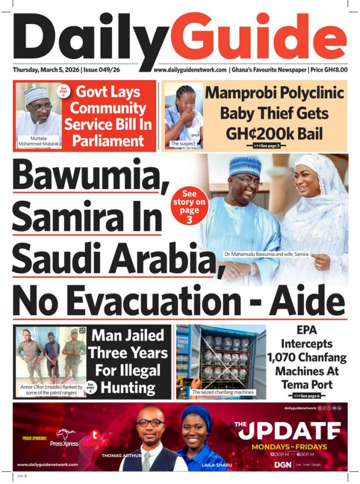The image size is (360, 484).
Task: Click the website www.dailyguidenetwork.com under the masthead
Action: [190, 70]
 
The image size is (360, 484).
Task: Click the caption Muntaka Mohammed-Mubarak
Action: [38, 141]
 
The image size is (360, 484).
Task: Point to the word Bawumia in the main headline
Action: [84, 175]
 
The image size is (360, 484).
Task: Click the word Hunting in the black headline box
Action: [123, 387]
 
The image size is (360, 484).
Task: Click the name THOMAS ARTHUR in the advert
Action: [121, 455]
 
